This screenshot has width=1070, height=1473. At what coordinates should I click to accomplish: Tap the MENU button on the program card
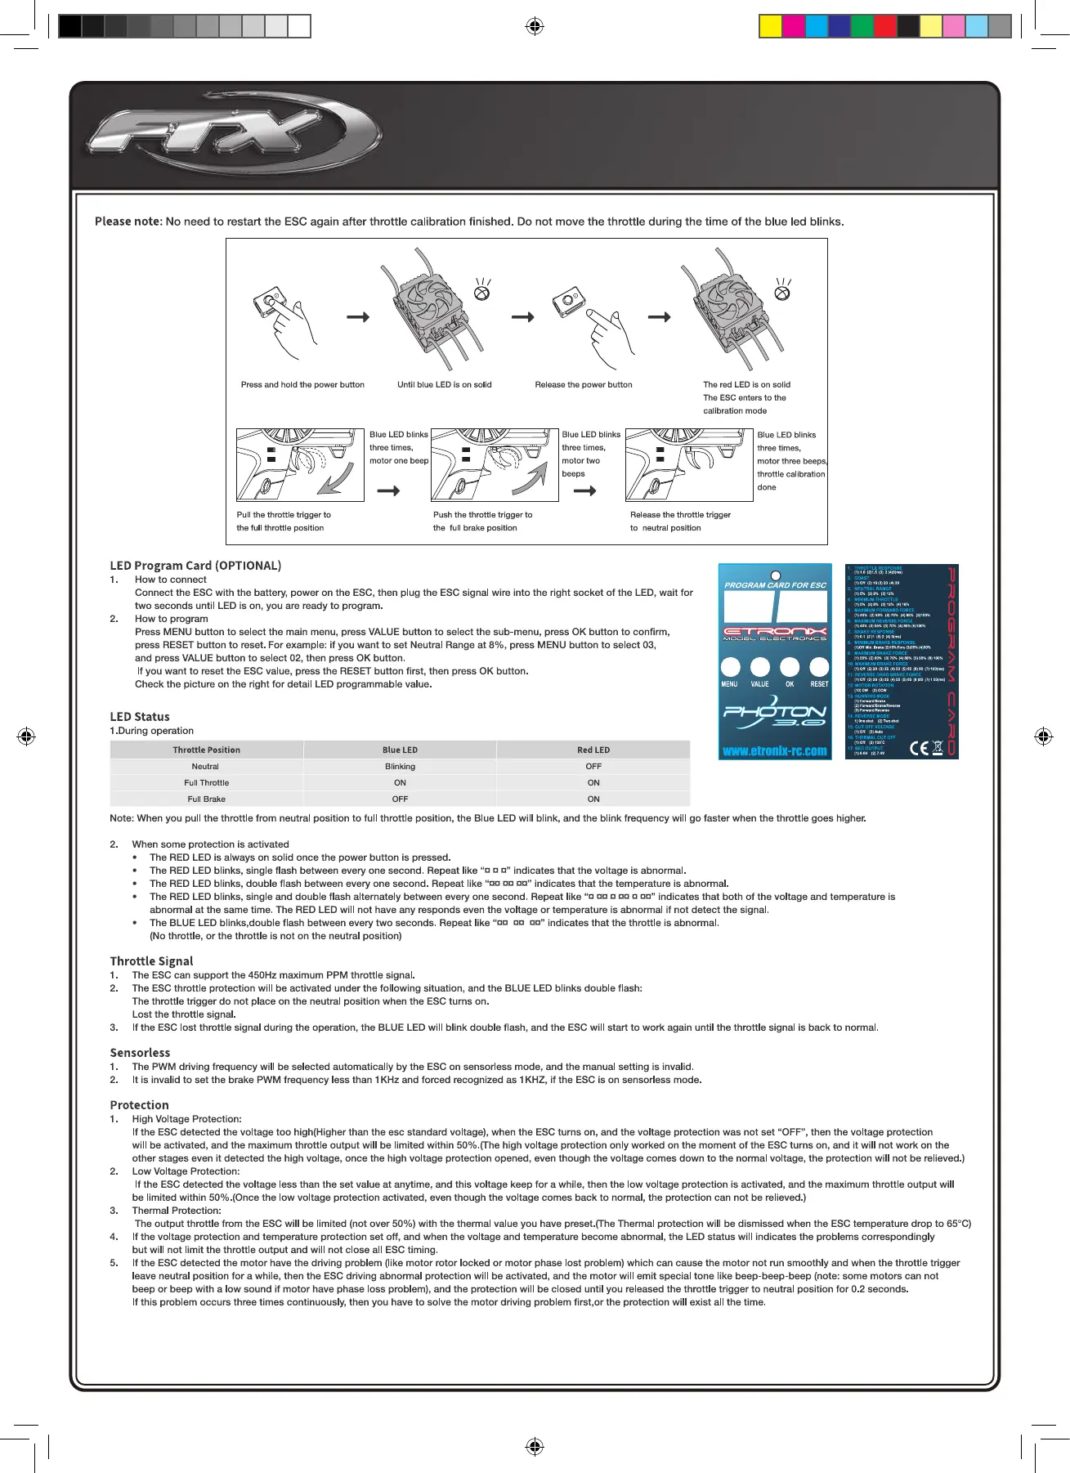[730, 667]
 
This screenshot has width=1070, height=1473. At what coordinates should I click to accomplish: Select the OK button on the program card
[790, 667]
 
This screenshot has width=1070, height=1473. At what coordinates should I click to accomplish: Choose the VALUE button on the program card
[759, 667]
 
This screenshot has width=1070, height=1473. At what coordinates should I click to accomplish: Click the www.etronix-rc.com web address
[774, 750]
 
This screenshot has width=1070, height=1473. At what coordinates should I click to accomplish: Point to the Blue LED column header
[400, 750]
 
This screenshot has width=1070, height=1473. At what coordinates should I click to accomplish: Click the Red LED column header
[593, 750]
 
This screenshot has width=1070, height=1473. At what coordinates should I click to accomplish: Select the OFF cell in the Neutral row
[593, 766]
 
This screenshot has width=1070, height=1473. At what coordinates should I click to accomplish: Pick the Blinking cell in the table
[400, 766]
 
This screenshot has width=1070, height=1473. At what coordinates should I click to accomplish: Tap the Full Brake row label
[206, 799]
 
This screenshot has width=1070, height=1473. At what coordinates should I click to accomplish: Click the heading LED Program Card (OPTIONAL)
[195, 565]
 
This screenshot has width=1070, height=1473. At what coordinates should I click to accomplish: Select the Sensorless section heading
[140, 1052]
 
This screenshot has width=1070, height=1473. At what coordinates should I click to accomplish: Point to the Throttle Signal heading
[151, 960]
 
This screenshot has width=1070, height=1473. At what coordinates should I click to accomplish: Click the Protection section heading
[139, 1104]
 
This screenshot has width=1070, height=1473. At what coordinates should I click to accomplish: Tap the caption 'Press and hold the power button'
[302, 384]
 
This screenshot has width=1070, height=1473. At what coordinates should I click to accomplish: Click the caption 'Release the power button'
[583, 384]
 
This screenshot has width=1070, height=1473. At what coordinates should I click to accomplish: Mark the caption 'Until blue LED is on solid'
[444, 384]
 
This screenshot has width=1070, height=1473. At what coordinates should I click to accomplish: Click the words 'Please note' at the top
[128, 222]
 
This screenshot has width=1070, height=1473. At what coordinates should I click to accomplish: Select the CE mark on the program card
[919, 747]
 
